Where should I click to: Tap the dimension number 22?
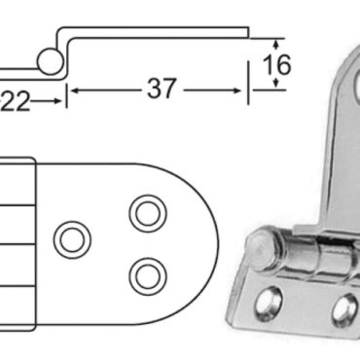point(19,98)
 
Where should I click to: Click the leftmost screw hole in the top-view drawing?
point(71,237)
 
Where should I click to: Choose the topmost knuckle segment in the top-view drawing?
point(17,180)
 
